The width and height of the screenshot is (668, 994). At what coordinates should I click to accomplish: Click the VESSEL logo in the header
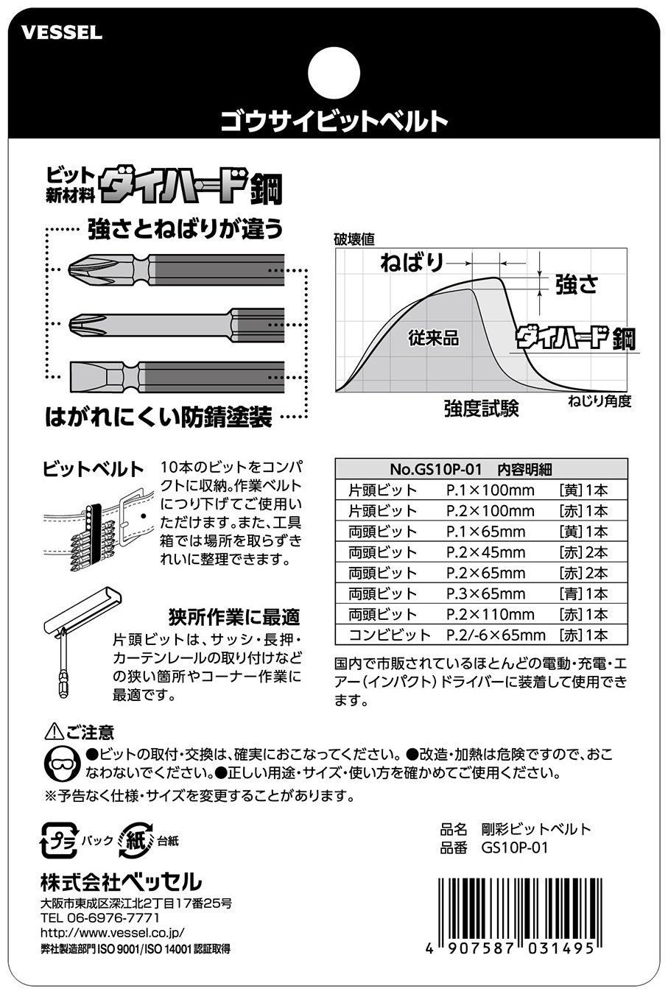[62, 33]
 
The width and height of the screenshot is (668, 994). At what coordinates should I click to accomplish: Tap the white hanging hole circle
[334, 73]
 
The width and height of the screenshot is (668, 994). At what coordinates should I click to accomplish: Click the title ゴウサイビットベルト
[334, 121]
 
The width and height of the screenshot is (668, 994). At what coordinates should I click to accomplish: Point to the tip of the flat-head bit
[71, 377]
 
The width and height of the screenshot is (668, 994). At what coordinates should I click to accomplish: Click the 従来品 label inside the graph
[433, 338]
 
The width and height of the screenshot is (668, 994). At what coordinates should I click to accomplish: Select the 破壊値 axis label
[354, 239]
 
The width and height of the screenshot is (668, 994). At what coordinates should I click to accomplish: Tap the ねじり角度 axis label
[600, 401]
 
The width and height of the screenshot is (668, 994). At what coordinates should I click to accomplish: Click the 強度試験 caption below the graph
[482, 409]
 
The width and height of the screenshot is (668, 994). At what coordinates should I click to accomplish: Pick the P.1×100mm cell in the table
[490, 491]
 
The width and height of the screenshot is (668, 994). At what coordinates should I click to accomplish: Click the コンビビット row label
[390, 635]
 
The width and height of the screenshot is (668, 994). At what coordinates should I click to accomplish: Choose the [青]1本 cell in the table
[583, 593]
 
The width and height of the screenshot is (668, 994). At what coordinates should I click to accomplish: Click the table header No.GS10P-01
[435, 469]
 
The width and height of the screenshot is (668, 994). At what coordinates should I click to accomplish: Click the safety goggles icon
[62, 764]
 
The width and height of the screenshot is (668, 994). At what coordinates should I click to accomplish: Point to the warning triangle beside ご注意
[54, 731]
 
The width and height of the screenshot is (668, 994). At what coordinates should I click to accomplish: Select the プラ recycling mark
[60, 840]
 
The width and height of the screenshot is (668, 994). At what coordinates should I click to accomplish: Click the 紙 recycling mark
[136, 840]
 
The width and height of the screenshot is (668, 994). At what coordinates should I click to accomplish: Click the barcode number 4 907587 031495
[510, 948]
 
